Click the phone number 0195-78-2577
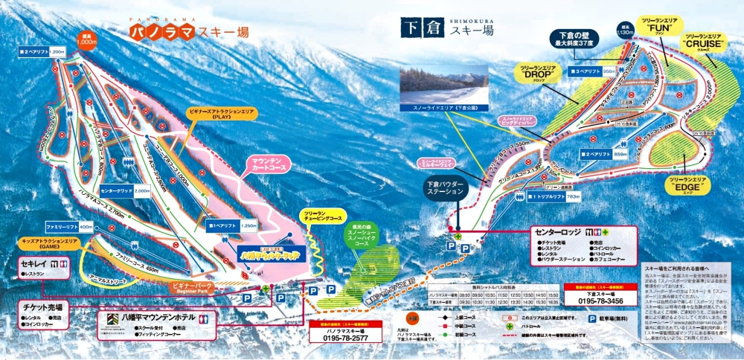345,337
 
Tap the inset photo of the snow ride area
444,86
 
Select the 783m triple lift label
551,196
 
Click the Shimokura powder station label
446,188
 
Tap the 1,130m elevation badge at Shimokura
623,30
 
